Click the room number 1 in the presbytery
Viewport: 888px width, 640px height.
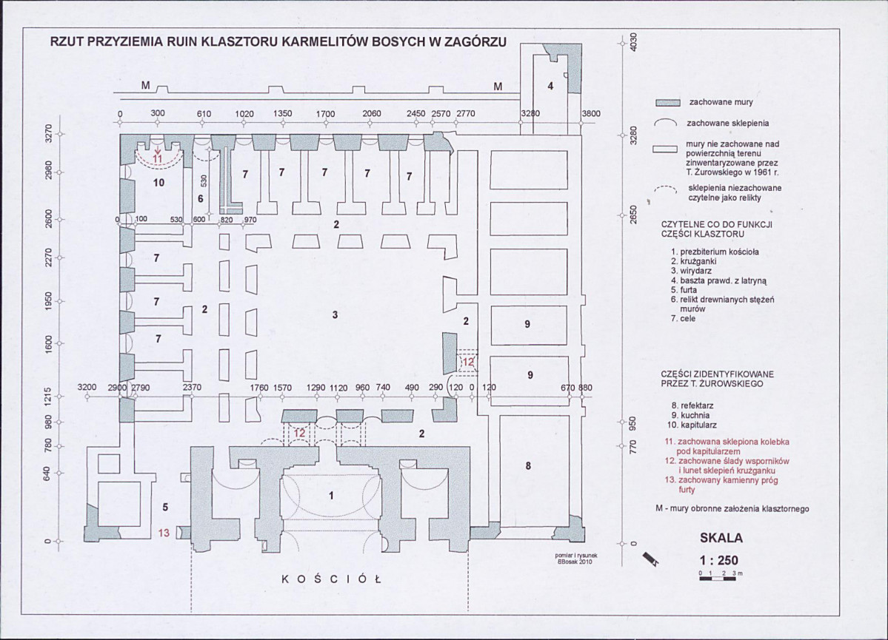(331, 496)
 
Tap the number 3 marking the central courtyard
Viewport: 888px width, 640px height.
(335, 314)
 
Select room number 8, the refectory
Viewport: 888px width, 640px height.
(528, 465)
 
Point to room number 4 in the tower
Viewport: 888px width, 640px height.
(550, 86)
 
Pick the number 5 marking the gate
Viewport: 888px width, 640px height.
(165, 507)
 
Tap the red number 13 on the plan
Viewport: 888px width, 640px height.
(164, 533)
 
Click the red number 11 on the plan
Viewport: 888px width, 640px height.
(158, 159)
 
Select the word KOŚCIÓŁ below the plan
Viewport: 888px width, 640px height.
(331, 579)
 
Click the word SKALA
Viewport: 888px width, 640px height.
(721, 538)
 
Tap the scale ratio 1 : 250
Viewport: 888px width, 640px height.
(719, 560)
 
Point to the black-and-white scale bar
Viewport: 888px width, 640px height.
(718, 579)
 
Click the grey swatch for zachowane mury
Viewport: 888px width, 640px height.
(667, 103)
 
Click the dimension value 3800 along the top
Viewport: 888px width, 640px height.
(591, 113)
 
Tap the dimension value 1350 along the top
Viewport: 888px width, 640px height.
(283, 113)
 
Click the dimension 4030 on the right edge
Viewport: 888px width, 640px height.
(634, 42)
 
